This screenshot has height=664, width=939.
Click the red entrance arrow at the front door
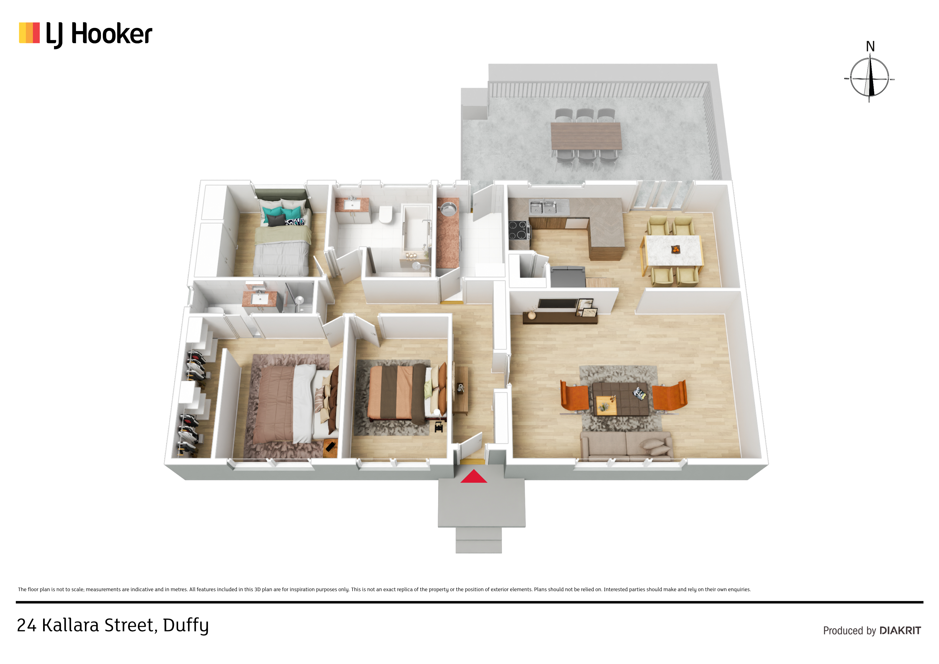pyautogui.click(x=474, y=477)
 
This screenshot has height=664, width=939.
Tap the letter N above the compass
pyautogui.click(x=870, y=47)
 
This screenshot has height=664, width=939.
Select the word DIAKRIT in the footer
pyautogui.click(x=900, y=631)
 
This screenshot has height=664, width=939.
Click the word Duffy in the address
pyautogui.click(x=186, y=625)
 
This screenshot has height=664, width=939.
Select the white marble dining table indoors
pyautogui.click(x=673, y=250)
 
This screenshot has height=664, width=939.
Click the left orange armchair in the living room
pyautogui.click(x=574, y=395)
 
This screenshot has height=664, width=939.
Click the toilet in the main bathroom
pyautogui.click(x=385, y=214)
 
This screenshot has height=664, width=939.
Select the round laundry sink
pyautogui.click(x=448, y=209)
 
